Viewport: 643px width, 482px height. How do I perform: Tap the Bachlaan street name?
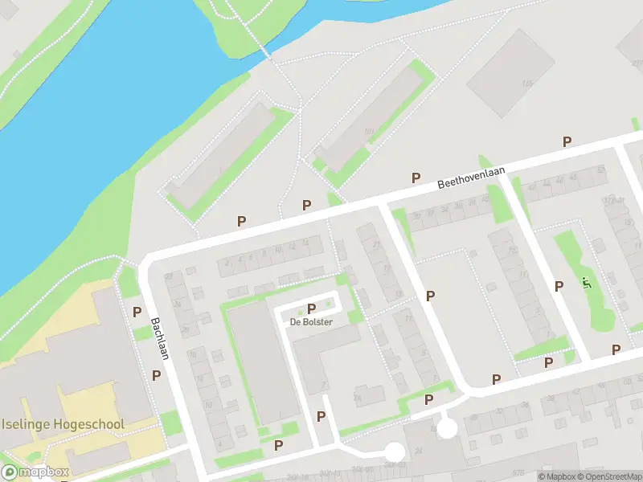point(159,338)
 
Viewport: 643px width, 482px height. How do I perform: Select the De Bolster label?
point(312,321)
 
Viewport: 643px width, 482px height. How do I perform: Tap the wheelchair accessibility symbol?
point(586,283)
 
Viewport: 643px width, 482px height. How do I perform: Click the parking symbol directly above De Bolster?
point(312,308)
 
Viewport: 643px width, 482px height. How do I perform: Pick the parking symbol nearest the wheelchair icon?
point(559,286)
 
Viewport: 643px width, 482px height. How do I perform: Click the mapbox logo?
point(35,472)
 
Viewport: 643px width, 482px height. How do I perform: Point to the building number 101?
point(369,133)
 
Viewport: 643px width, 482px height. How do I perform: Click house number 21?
point(375,244)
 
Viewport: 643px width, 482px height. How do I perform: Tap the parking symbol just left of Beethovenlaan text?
point(416,178)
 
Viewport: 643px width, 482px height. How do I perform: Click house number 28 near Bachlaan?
point(169,277)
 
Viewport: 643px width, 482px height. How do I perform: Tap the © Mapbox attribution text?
point(555,476)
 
